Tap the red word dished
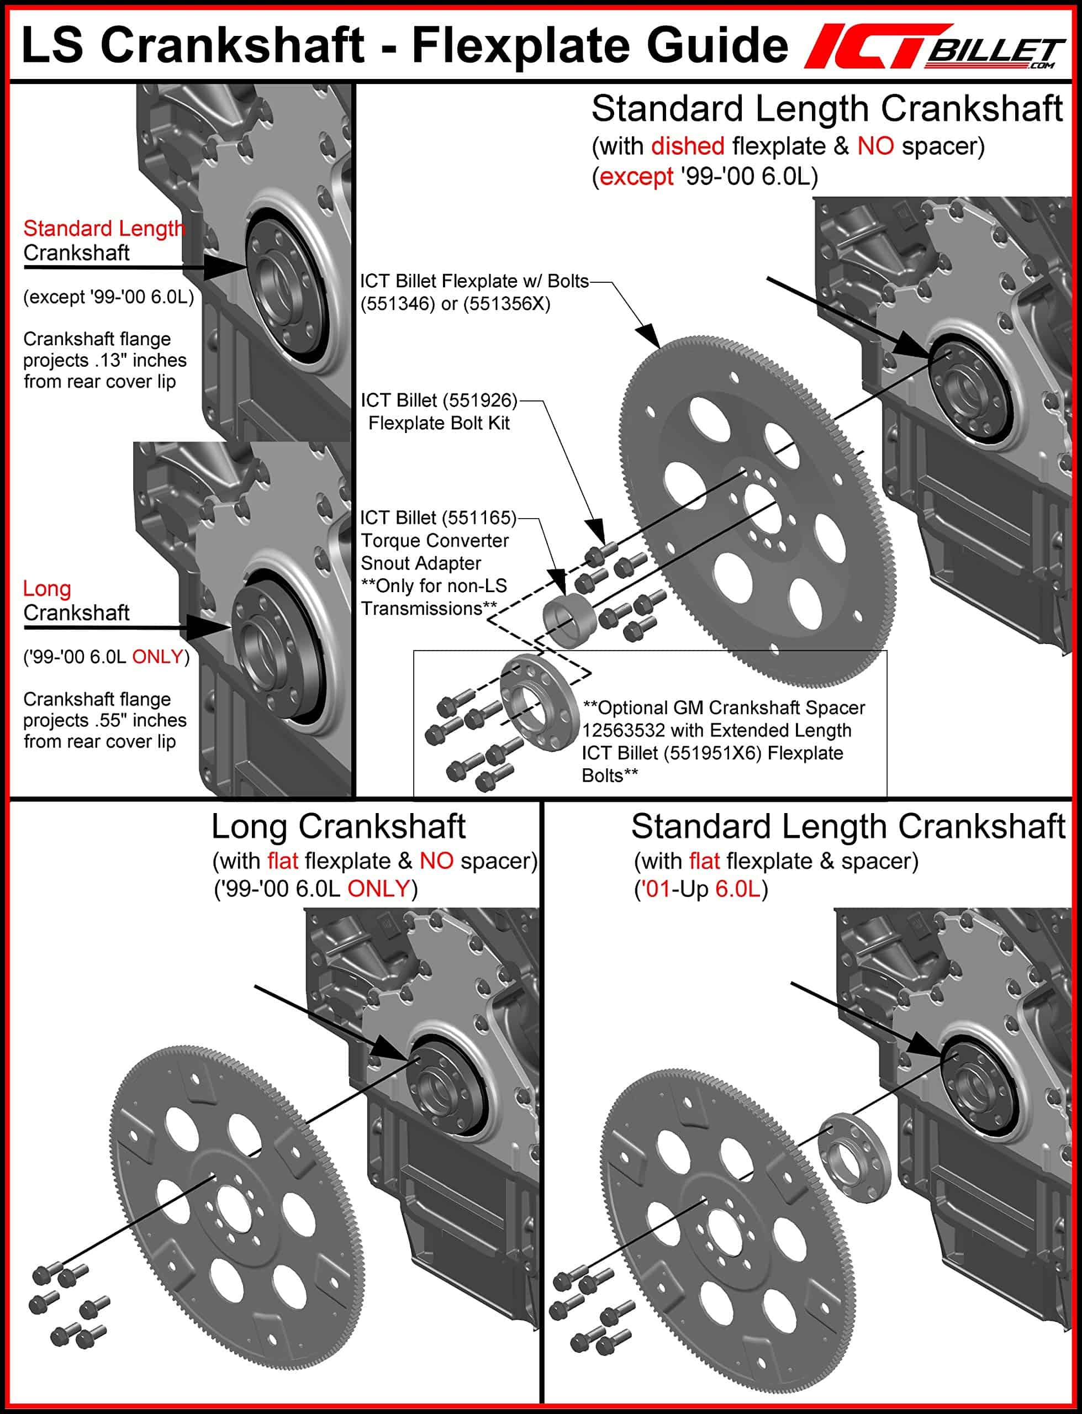(x=687, y=146)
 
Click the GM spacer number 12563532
(x=623, y=730)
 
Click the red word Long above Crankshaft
(x=47, y=589)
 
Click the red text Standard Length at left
(x=103, y=229)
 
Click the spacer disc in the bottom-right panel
(x=854, y=1157)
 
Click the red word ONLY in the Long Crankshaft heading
(x=378, y=889)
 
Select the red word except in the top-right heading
(x=636, y=176)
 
